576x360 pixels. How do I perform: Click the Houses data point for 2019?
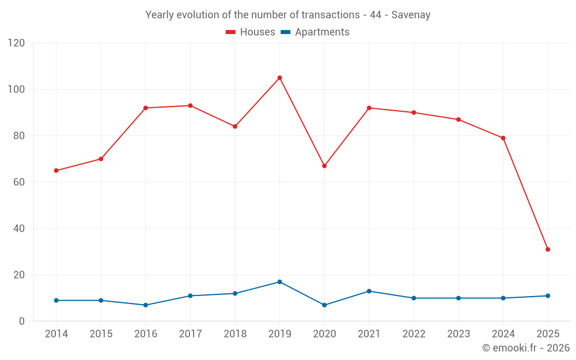(x=279, y=78)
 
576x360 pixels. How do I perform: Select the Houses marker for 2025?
(x=548, y=249)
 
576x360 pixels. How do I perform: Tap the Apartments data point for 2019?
(x=279, y=282)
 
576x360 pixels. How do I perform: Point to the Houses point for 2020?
(x=324, y=166)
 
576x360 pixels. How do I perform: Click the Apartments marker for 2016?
(x=145, y=305)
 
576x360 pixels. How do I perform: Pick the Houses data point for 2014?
(x=56, y=170)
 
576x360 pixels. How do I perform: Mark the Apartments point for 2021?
(x=369, y=291)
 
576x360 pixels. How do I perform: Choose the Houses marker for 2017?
(x=190, y=105)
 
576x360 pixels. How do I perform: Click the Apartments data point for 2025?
(x=548, y=295)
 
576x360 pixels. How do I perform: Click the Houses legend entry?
(x=251, y=32)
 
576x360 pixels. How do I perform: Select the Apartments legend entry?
(x=315, y=32)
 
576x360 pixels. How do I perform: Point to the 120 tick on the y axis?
(x=17, y=43)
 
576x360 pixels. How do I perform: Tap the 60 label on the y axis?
(x=20, y=182)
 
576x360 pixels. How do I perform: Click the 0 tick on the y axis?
(x=22, y=321)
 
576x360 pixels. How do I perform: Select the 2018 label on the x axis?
(x=235, y=334)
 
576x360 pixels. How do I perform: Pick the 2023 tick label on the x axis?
(x=458, y=334)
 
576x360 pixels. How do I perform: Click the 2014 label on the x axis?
(x=56, y=334)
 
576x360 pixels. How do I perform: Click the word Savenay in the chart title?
(x=411, y=15)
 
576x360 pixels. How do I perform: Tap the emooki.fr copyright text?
(x=525, y=348)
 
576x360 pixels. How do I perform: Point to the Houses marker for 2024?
(x=503, y=138)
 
